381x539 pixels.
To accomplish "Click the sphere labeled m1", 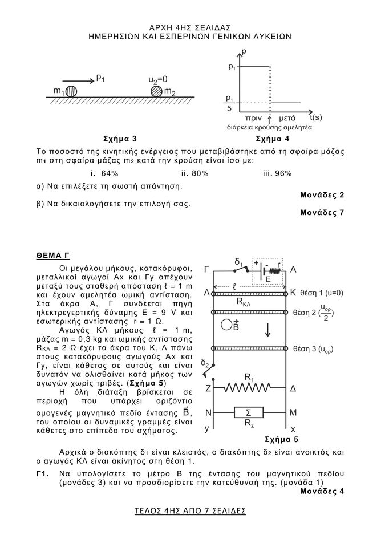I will (71, 91).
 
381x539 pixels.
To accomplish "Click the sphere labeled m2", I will (156, 91).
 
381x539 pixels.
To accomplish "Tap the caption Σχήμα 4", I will (273, 139).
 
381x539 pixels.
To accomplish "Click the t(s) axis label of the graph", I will (315, 118).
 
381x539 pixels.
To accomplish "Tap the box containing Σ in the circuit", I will (249, 412).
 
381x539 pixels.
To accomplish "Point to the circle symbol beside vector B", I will (226, 326).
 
